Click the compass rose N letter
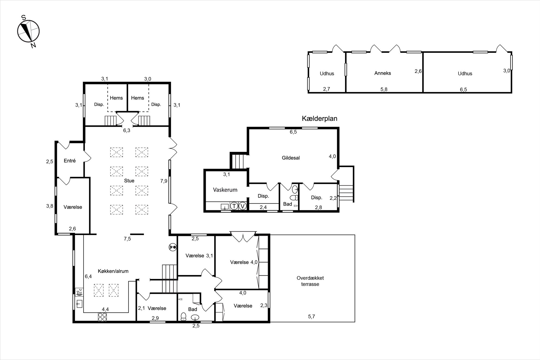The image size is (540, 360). [x=33, y=45]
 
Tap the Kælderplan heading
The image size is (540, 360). [x=320, y=119]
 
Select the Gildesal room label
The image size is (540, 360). [x=291, y=158]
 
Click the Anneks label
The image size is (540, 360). [x=383, y=73]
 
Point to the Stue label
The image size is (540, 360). [x=129, y=181]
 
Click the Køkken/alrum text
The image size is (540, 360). [x=113, y=271]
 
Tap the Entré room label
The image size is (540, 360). [x=70, y=161]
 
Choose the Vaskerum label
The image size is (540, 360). [x=225, y=190]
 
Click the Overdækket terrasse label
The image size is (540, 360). [x=310, y=281]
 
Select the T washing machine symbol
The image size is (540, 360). [x=234, y=206]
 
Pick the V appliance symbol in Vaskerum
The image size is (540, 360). [x=243, y=206]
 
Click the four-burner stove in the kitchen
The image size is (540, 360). [x=102, y=317]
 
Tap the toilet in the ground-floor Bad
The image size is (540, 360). [x=183, y=316]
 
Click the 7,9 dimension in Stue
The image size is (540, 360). [x=164, y=181]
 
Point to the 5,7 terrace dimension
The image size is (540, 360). [x=312, y=316]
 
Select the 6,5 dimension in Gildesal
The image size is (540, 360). [x=293, y=132]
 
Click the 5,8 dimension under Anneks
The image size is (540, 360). [x=384, y=90]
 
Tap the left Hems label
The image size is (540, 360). [x=116, y=98]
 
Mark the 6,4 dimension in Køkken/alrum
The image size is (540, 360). [x=88, y=276]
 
